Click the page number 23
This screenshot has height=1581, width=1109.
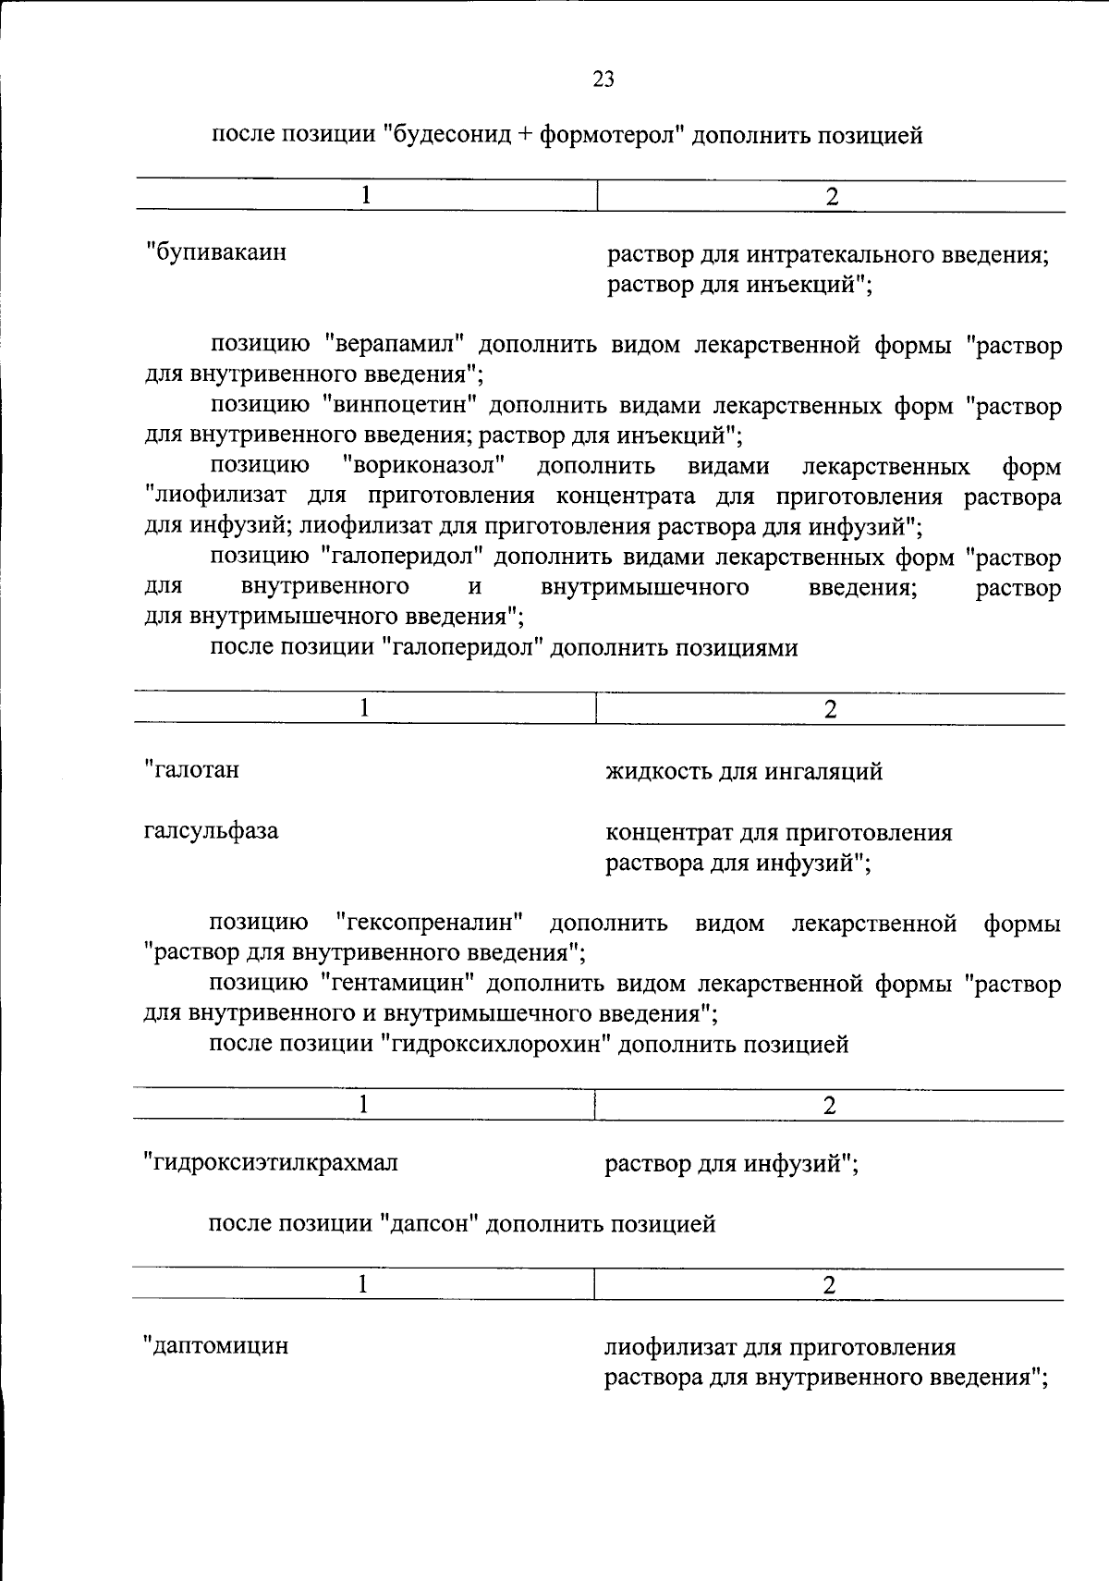(603, 80)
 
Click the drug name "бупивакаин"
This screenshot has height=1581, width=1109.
(218, 251)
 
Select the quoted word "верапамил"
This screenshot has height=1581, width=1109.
(400, 345)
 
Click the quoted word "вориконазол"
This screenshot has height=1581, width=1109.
(428, 465)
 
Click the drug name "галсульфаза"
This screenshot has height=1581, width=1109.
(211, 830)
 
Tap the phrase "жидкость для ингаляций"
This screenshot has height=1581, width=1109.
(744, 770)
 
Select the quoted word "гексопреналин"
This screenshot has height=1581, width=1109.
(431, 923)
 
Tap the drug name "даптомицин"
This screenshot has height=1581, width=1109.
(217, 1345)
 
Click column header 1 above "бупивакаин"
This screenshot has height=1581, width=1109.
(367, 195)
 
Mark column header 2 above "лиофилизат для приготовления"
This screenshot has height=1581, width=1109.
(829, 1284)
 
